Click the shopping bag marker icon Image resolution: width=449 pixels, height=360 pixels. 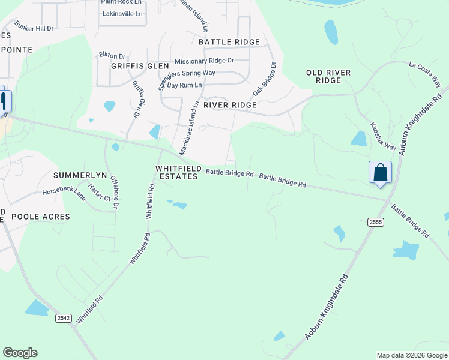(380, 172)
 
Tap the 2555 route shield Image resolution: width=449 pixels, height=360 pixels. (376, 222)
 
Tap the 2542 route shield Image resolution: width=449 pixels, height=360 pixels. (64, 318)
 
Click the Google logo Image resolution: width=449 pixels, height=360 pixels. (20, 353)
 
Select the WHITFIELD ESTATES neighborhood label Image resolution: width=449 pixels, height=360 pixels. (177, 173)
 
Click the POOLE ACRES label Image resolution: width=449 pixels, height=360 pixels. (41, 217)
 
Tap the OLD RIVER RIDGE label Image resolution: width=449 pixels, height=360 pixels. (328, 76)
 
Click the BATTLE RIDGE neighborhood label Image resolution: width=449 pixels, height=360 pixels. (229, 42)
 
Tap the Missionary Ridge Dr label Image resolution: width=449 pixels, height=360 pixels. (204, 61)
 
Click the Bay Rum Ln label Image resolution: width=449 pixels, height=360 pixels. (184, 86)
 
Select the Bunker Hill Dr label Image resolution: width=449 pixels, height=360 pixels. (34, 28)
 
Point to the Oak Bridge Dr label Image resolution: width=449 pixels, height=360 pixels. (264, 79)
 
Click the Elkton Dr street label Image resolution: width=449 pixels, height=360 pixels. (112, 55)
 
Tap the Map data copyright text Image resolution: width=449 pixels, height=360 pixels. (412, 355)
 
